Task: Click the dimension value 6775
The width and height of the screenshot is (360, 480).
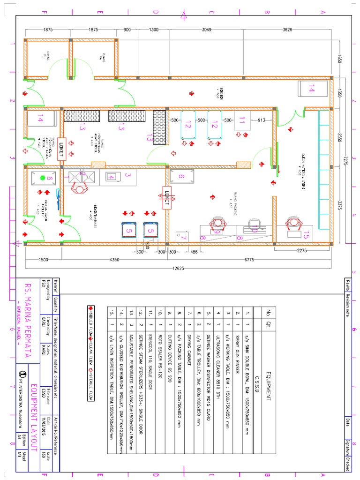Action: point(249,260)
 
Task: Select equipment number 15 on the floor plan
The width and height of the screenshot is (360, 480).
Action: point(307,232)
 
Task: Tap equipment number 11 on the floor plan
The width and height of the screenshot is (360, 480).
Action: point(242,120)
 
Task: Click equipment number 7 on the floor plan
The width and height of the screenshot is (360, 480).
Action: point(184,238)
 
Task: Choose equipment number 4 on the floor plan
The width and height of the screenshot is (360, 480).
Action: point(111,177)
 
